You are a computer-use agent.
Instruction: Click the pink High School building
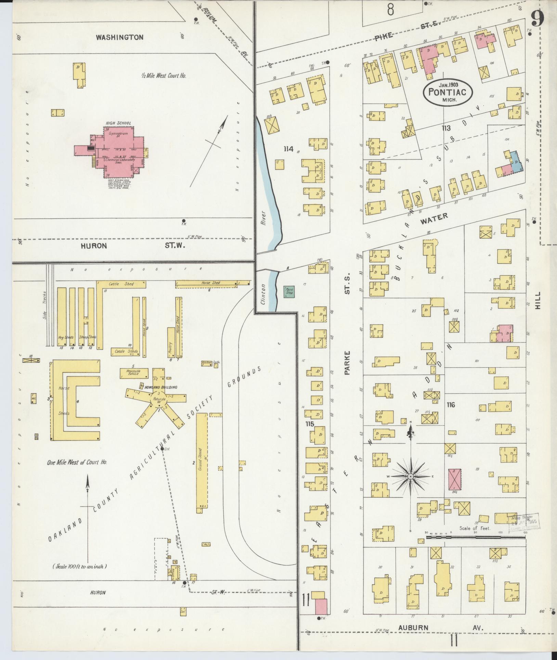pos(118,151)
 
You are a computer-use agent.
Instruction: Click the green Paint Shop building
pos(289,291)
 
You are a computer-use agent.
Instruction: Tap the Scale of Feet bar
pos(476,538)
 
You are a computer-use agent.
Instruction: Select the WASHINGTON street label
pos(119,37)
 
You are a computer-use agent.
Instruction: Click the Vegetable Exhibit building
pos(134,373)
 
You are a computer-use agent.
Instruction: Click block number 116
pos(451,405)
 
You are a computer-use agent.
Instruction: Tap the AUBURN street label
pos(413,627)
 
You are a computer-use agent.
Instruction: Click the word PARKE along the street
pos(348,362)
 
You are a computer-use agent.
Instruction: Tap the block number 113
pos(446,128)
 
